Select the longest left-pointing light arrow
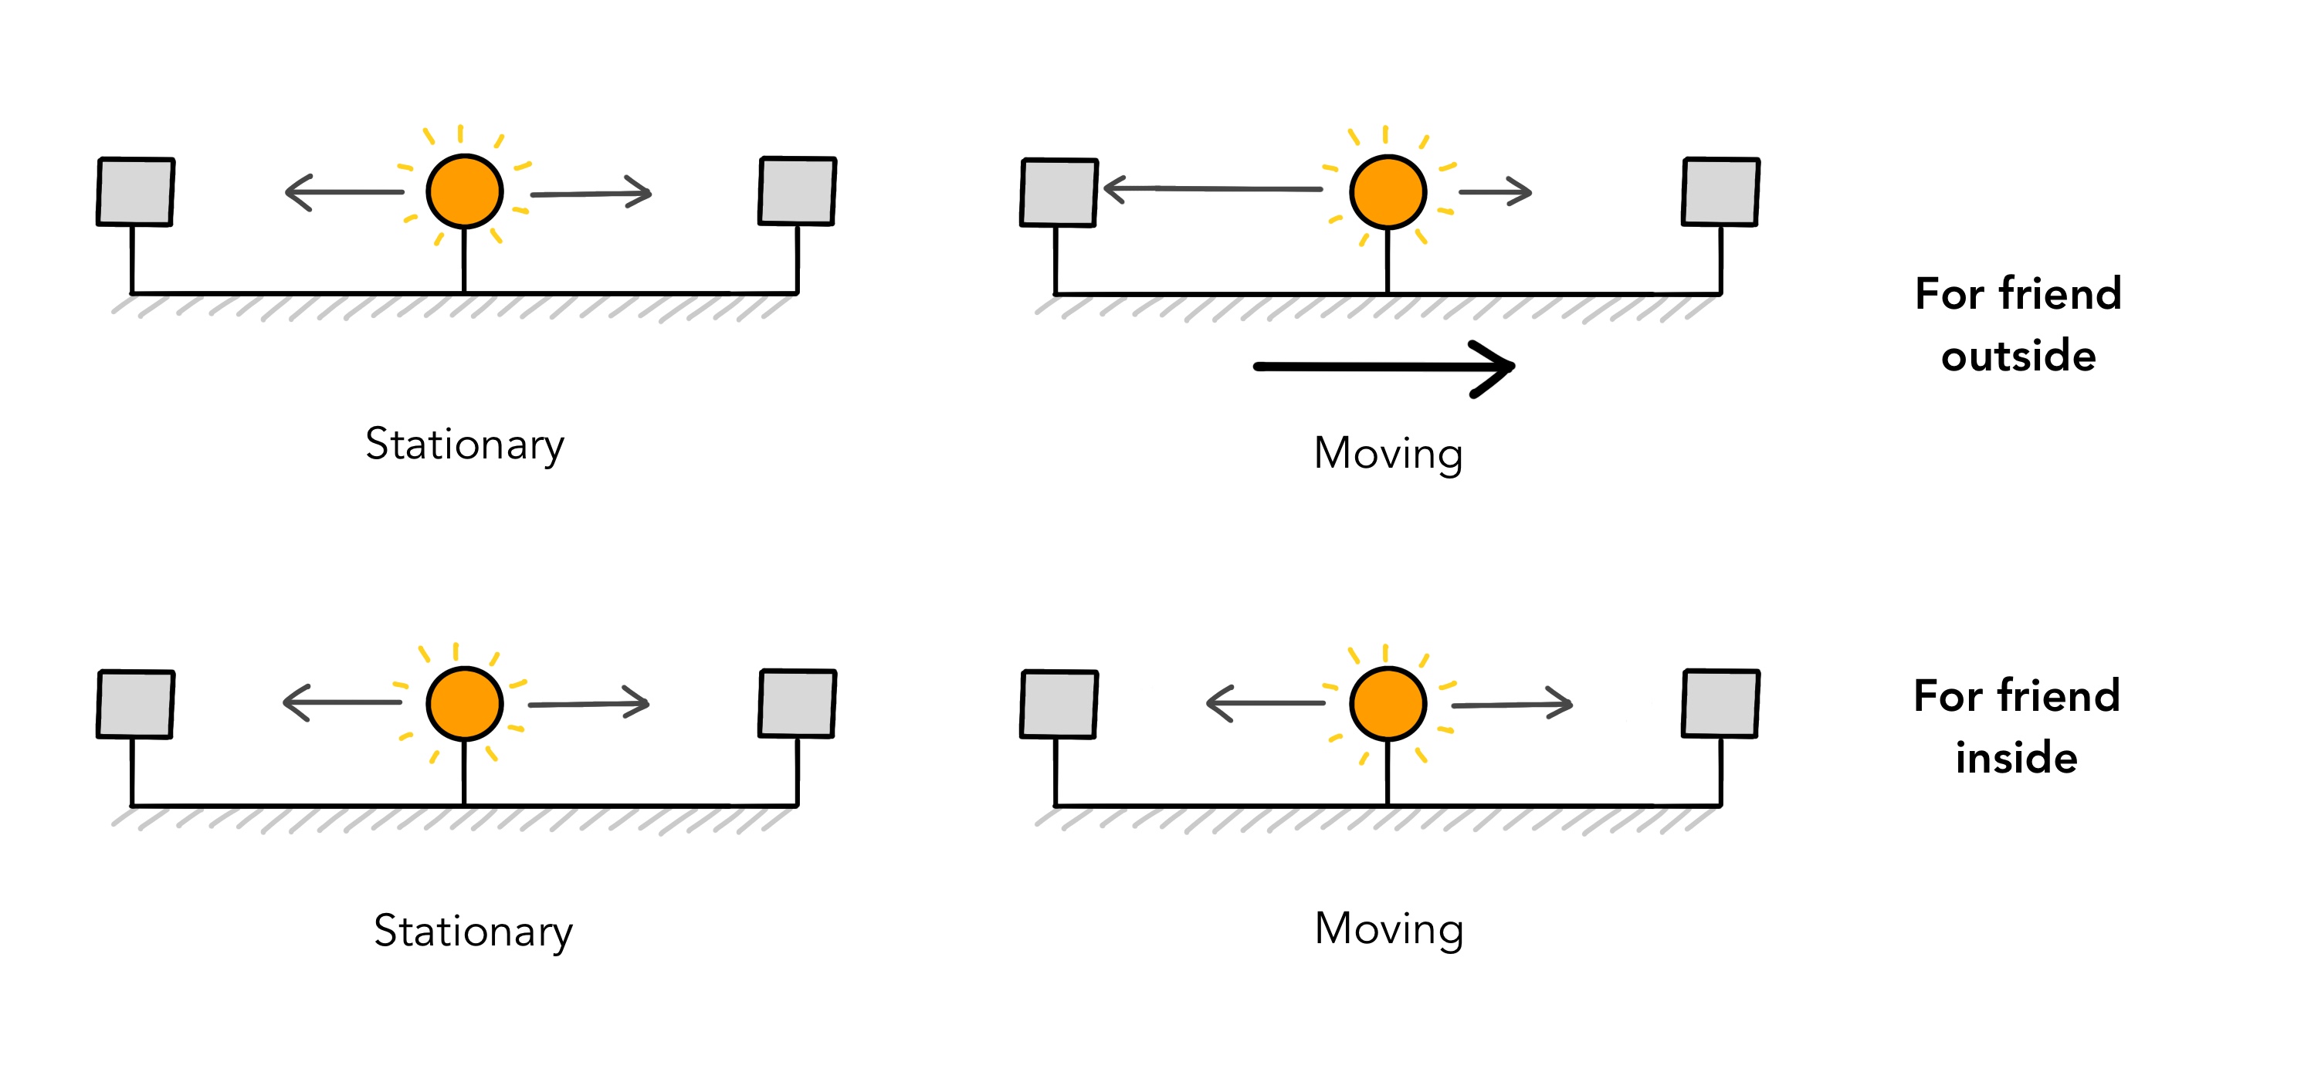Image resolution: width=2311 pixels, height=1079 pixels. click(1212, 189)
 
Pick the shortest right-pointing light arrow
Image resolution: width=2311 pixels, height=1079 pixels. click(1495, 192)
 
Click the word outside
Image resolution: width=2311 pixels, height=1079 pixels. click(2018, 356)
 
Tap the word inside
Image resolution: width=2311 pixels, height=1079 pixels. click(2016, 758)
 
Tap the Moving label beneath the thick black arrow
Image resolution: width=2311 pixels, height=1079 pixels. click(1388, 454)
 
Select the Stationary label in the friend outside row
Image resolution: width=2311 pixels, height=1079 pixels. click(465, 445)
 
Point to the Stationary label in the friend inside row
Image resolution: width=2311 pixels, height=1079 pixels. click(473, 932)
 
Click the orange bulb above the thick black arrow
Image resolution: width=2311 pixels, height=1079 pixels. click(1388, 192)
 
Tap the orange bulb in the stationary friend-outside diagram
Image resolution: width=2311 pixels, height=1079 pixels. click(465, 192)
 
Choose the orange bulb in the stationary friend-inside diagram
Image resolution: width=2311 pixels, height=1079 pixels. click(465, 704)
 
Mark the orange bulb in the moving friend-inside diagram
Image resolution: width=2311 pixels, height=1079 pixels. click(1388, 704)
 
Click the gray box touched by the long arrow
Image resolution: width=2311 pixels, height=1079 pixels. click(1059, 192)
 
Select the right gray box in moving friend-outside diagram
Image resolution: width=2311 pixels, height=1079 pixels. click(1720, 191)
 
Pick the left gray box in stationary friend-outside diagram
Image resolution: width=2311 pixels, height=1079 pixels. click(135, 191)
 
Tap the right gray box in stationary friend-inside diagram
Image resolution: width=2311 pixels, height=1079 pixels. click(798, 703)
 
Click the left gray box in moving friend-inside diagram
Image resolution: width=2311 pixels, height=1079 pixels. click(1059, 704)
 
